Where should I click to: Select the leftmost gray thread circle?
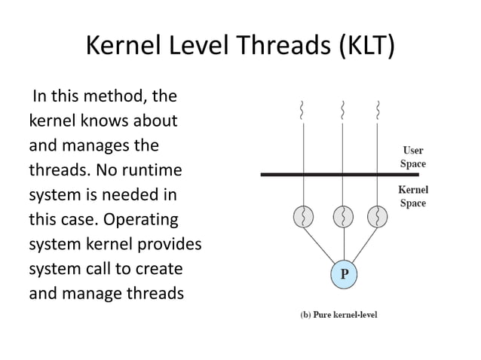pyautogui.click(x=304, y=218)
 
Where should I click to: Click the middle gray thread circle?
pyautogui.click(x=343, y=218)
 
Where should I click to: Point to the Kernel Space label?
pyautogui.click(x=412, y=197)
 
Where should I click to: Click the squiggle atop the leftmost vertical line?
pyautogui.click(x=303, y=110)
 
